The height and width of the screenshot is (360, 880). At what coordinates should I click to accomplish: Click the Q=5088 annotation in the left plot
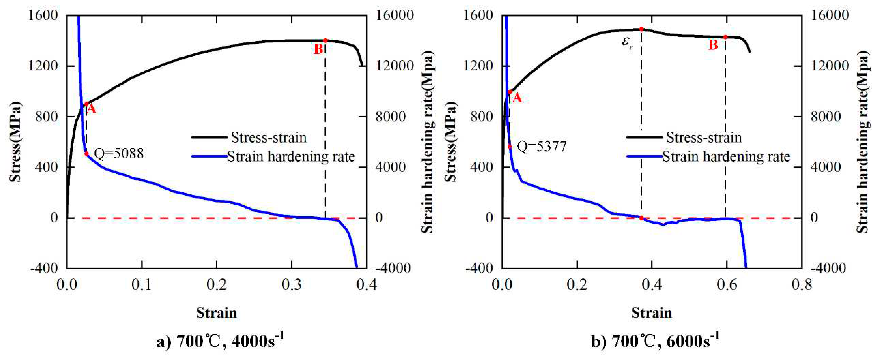[119, 154]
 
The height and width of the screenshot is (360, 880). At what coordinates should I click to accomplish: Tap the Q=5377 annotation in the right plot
[542, 147]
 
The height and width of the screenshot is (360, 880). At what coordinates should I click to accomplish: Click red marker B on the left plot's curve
[325, 41]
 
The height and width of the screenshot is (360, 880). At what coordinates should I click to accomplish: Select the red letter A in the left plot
[91, 109]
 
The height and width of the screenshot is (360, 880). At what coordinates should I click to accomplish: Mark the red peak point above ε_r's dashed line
[641, 29]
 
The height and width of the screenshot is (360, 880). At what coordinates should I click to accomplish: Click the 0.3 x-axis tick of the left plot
[291, 284]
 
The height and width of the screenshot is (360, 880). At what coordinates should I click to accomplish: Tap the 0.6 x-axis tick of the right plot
[727, 284]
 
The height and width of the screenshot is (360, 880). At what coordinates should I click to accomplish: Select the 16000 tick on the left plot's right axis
[394, 15]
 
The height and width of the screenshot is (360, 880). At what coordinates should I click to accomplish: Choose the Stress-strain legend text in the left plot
[269, 138]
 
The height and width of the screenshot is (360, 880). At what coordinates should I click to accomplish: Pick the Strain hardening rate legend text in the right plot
[726, 157]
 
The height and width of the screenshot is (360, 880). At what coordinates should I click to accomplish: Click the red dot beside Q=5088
[87, 154]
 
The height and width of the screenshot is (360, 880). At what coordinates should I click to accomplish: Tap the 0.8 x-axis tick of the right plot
[801, 284]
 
